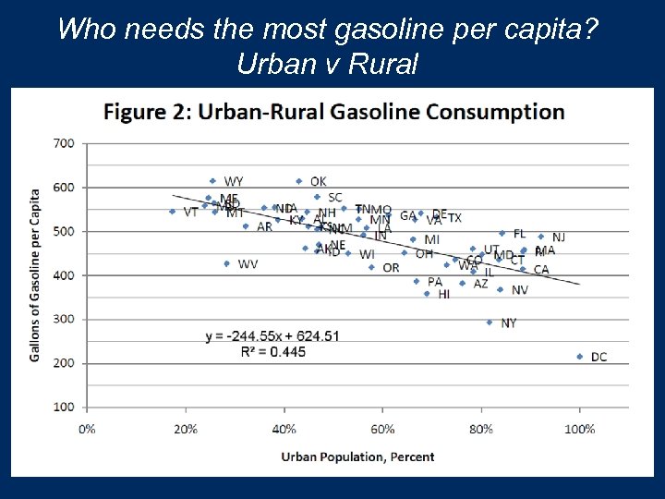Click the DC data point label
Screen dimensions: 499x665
[x=598, y=357]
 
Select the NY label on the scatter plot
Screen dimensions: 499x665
[x=509, y=323]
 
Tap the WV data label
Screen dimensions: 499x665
[x=248, y=264]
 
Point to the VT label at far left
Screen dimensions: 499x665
[x=190, y=213]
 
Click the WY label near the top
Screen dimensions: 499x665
[x=234, y=181]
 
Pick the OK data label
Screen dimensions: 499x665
[x=318, y=182]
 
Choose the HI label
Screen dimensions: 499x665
[x=444, y=295]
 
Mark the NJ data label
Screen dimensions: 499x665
[x=559, y=237]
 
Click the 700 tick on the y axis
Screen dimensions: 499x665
[x=64, y=143]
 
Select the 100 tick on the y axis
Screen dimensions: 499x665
[x=64, y=407]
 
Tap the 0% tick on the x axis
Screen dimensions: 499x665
[x=87, y=429]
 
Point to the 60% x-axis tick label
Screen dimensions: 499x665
[x=382, y=429]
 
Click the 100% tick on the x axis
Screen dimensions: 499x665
[x=580, y=429]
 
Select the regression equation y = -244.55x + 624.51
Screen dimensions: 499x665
[x=272, y=335]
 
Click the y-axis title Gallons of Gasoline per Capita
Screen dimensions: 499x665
[x=35, y=275]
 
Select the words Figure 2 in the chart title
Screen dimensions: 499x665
[x=142, y=113]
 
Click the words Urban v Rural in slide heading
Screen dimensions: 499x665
[x=328, y=64]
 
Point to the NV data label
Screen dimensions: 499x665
[x=520, y=290]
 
